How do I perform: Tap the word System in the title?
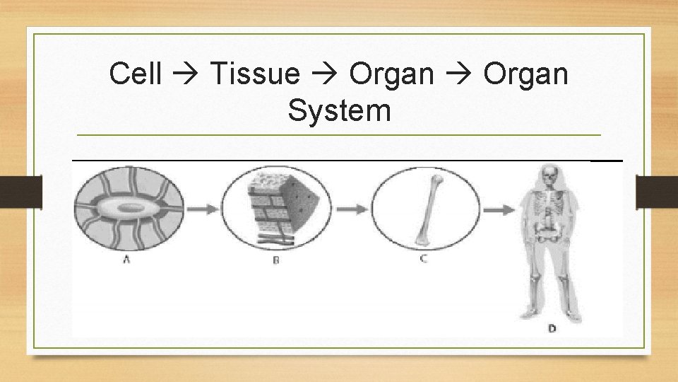[339, 111]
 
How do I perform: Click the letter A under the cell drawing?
[126, 260]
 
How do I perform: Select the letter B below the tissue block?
[277, 260]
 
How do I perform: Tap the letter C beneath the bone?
[423, 259]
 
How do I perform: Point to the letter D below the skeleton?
[551, 328]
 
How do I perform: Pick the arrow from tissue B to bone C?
[351, 209]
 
